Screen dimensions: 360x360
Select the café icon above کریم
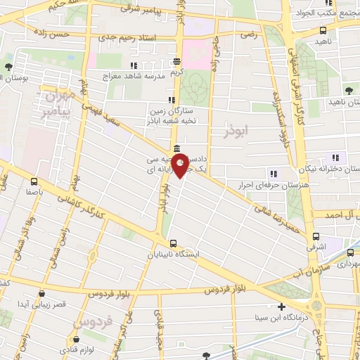pos(176,61)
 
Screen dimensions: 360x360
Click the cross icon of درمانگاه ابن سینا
pos(282,307)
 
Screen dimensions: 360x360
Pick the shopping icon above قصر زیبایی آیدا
pos(42,294)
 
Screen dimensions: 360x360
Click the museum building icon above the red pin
pos(175,149)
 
